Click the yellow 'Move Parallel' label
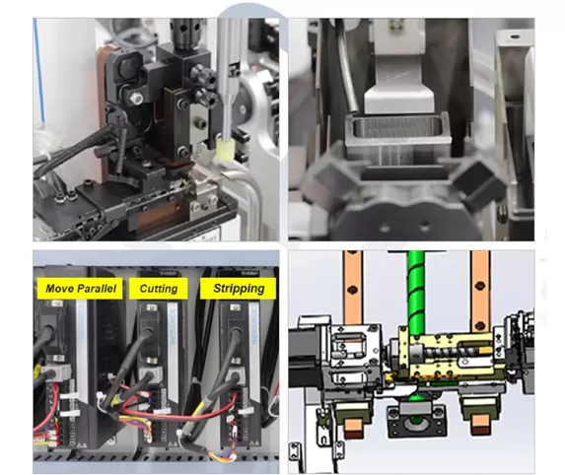tap(80, 289)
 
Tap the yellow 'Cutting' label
tap(159, 289)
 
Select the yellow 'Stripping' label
tap(239, 288)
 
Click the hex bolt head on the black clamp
tap(136, 97)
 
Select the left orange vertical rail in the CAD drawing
tap(353, 288)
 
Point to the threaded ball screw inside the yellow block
tap(451, 350)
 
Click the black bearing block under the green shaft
tap(416, 421)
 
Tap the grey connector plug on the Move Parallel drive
tap(56, 371)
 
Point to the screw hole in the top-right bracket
tap(516, 36)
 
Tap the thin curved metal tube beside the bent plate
tap(347, 78)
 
